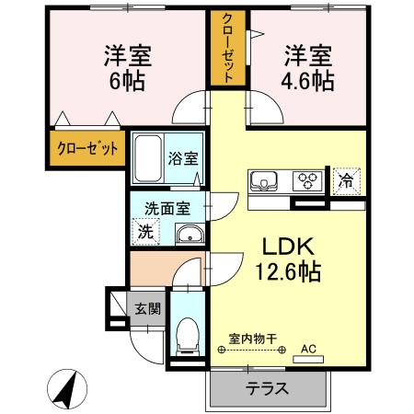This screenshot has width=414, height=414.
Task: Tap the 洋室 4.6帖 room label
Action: click(307, 67)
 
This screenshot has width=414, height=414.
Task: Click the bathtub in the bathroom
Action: click(147, 158)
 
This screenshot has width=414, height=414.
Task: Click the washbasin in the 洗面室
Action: click(189, 234)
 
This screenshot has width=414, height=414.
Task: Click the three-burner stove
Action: click(306, 179)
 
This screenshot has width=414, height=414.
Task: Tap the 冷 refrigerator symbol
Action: click(346, 180)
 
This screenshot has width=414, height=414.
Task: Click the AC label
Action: click(309, 350)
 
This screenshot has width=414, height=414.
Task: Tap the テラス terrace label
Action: click(267, 387)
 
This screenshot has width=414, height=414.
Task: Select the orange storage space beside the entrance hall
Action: click(151, 270)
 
